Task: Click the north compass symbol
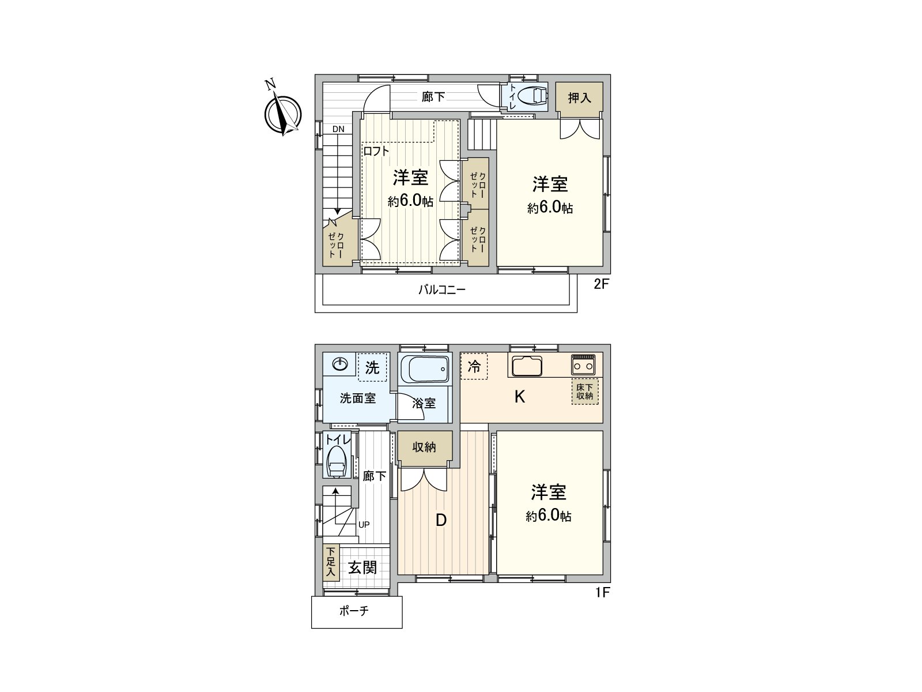[x=283, y=112]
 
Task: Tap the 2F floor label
[x=601, y=284]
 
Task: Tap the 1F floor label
[x=602, y=592]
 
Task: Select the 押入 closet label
[x=579, y=97]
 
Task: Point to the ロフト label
[x=376, y=152]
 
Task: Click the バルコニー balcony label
[x=441, y=290]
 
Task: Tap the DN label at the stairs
[x=338, y=129]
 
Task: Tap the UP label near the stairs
[x=364, y=524]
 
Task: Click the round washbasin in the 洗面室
[x=341, y=364]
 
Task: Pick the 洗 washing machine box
[x=372, y=367]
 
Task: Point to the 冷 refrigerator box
[x=474, y=366]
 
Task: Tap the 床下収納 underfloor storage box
[x=585, y=392]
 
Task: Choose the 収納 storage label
[x=424, y=447]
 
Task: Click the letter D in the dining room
[x=441, y=520]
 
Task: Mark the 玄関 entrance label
[x=362, y=567]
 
